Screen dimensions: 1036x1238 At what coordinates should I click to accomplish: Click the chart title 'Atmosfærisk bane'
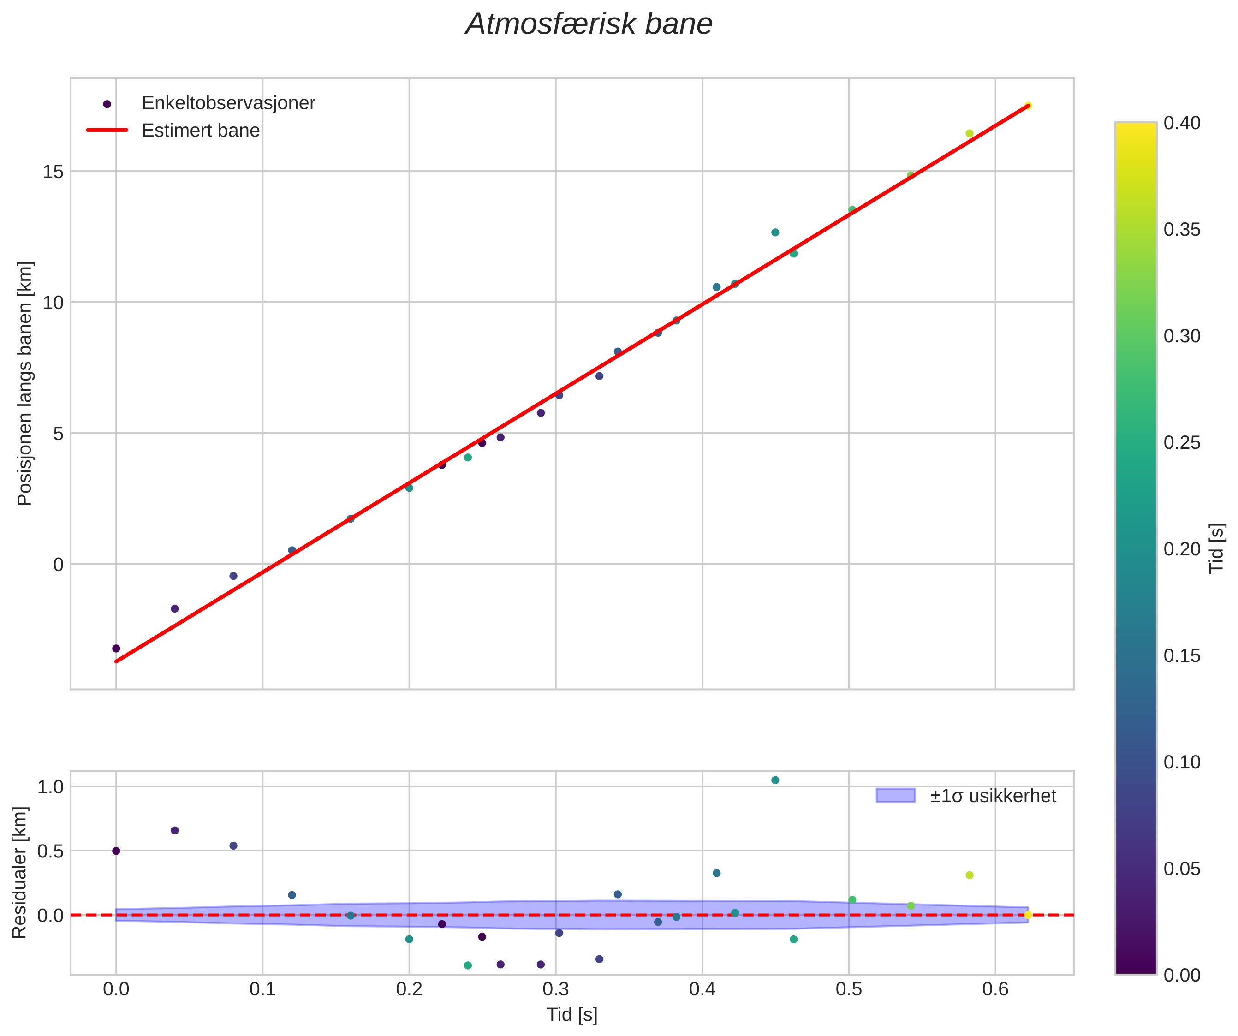click(589, 25)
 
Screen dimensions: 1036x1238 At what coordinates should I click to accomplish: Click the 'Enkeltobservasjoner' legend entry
click(228, 103)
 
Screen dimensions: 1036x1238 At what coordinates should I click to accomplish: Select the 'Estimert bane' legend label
click(201, 131)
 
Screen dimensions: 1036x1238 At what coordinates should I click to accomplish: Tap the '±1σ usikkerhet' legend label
click(993, 796)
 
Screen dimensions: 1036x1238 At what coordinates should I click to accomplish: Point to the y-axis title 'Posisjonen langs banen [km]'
click(25, 384)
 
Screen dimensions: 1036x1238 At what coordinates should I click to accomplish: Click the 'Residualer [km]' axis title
click(19, 873)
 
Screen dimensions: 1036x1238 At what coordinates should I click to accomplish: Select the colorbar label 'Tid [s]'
click(1216, 548)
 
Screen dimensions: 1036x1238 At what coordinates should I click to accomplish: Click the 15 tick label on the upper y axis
click(53, 172)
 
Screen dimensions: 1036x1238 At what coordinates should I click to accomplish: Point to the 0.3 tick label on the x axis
click(555, 989)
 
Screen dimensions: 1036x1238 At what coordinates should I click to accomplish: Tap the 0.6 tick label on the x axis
click(995, 989)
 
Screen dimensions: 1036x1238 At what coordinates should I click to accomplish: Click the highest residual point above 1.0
click(775, 780)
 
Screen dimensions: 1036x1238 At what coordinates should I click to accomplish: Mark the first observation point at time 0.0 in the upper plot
click(116, 649)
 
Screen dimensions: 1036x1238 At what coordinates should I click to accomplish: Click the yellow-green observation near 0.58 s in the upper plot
click(969, 133)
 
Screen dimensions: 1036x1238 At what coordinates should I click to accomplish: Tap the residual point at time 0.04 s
click(174, 830)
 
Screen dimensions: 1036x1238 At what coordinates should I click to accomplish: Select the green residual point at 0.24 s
click(468, 965)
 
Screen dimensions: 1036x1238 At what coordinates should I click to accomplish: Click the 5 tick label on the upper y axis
click(58, 434)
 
